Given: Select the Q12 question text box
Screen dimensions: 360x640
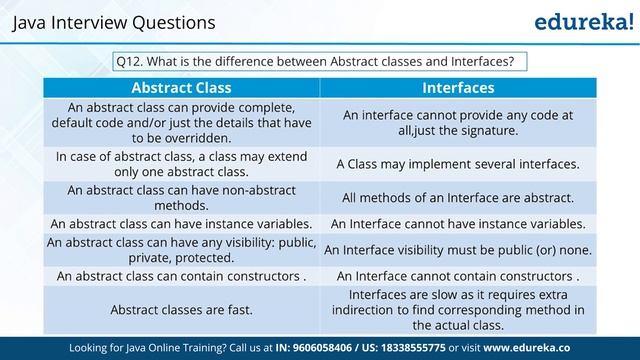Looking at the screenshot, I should [x=320, y=61].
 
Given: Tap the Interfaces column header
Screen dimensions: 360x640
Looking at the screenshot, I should [x=458, y=87].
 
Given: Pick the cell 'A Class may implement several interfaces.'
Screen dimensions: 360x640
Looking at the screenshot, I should [x=458, y=163].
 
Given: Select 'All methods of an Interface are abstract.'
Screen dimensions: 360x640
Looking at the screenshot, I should [x=458, y=197].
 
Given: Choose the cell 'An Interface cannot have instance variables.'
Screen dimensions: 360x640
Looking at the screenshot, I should [x=458, y=223].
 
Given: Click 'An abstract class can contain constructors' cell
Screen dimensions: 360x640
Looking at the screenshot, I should [x=181, y=275].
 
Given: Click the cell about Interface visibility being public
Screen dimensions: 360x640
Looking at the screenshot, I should [x=458, y=249].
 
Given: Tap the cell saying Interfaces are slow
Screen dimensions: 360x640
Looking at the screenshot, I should [x=458, y=310].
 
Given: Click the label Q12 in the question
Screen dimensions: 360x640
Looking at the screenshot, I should [x=128, y=61].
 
